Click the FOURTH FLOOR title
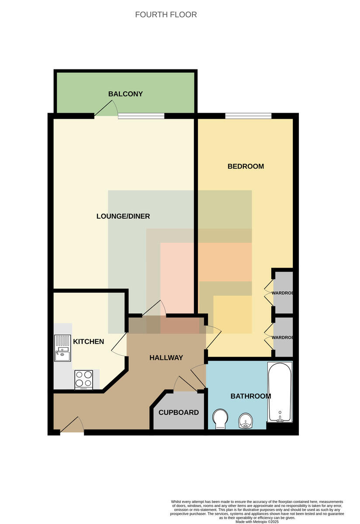[166, 14]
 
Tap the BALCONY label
[125, 94]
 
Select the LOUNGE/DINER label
[123, 216]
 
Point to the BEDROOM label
[246, 166]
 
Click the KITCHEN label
[89, 341]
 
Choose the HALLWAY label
[166, 358]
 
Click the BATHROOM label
[251, 396]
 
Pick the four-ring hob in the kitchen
[84, 379]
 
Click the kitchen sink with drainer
[62, 348]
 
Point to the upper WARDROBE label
[282, 293]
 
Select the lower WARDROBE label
[282, 338]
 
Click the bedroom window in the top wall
[248, 116]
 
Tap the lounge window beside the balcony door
[141, 116]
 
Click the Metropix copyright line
[257, 522]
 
